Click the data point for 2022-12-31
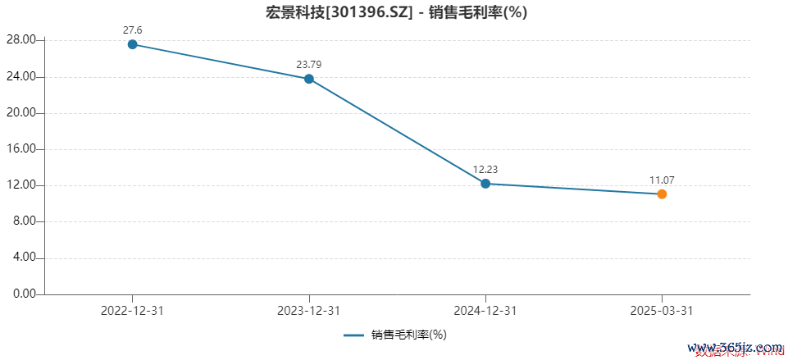[133, 44]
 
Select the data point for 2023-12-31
[309, 79]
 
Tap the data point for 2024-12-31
[485, 184]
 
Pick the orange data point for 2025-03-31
[662, 194]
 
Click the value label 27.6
[133, 30]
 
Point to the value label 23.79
[309, 65]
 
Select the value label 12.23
[485, 170]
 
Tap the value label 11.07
[662, 180]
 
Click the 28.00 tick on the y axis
[20, 40]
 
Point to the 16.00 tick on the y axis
[20, 149]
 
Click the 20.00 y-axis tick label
[20, 113]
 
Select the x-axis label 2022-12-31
[133, 311]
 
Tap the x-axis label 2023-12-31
[309, 311]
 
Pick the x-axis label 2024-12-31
[485, 311]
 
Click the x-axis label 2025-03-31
[662, 311]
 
